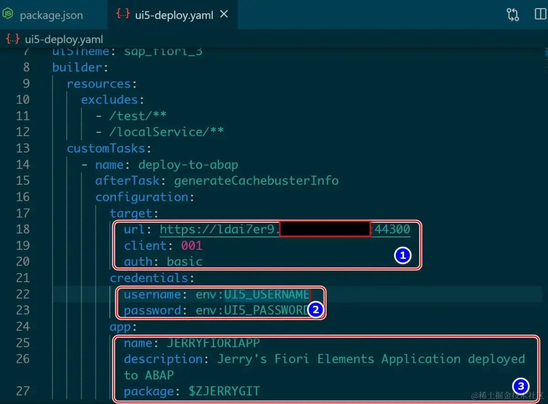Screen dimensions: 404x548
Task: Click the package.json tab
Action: pyautogui.click(x=51, y=15)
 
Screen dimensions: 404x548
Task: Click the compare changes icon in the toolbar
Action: pyautogui.click(x=513, y=15)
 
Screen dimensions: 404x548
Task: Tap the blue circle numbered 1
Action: pyautogui.click(x=402, y=256)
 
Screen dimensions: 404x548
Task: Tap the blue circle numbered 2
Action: pyautogui.click(x=315, y=310)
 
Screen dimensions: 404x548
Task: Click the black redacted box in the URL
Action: pyautogui.click(x=324, y=229)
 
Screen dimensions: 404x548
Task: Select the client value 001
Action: pyautogui.click(x=191, y=246)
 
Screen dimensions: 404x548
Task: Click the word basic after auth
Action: pyautogui.click(x=184, y=262)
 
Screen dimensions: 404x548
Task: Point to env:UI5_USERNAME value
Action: pyautogui.click(x=253, y=294)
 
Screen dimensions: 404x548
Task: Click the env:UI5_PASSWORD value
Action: pyautogui.click(x=253, y=310)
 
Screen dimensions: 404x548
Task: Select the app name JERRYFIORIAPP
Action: pyautogui.click(x=213, y=343)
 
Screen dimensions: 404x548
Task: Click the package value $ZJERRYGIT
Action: pyautogui.click(x=224, y=391)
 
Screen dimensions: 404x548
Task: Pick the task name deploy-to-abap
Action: pyautogui.click(x=188, y=165)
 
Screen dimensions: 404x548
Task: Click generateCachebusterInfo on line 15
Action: pyautogui.click(x=256, y=181)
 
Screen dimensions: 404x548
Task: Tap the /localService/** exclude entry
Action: pyautogui.click(x=166, y=132)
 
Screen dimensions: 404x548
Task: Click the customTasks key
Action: pyautogui.click(x=106, y=148)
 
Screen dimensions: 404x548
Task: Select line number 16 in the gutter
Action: pyautogui.click(x=23, y=197)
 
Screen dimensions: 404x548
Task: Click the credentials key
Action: pyautogui.click(x=149, y=278)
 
